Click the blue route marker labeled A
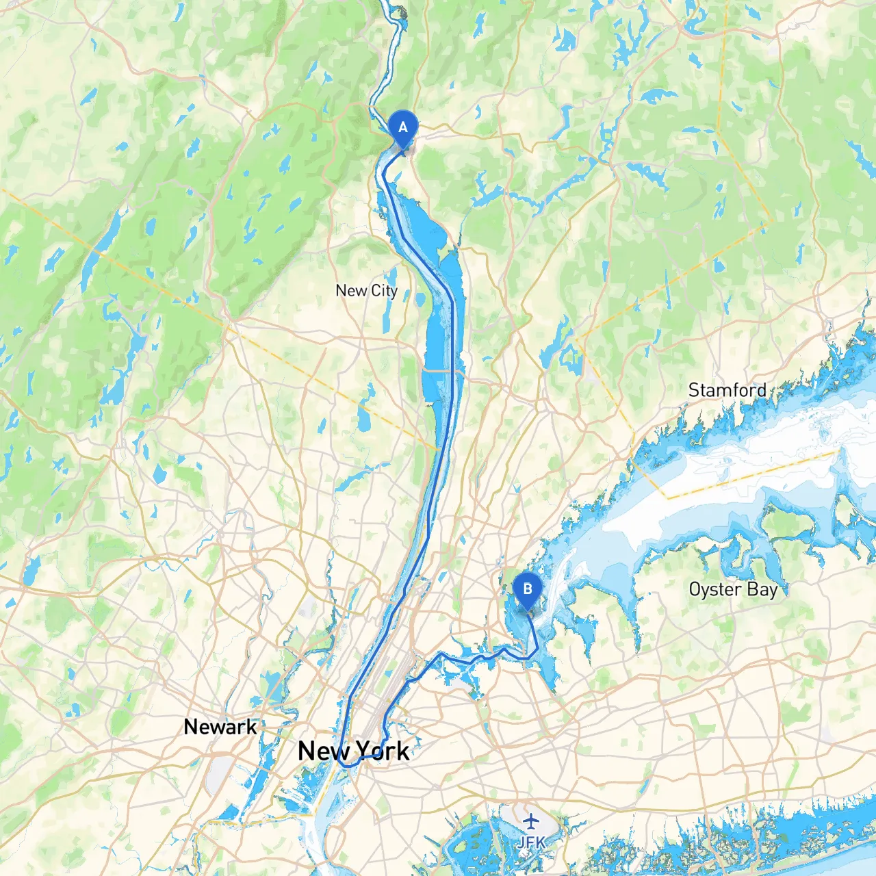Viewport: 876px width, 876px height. click(x=402, y=128)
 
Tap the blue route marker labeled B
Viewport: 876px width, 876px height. click(x=527, y=589)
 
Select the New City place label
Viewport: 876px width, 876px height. click(x=366, y=291)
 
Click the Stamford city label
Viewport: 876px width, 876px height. click(x=727, y=390)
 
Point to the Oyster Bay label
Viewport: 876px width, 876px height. click(x=733, y=589)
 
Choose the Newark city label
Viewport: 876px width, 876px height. click(x=220, y=727)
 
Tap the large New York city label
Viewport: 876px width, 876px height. click(x=353, y=751)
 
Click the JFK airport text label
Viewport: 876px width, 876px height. click(x=531, y=842)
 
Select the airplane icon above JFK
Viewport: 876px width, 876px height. click(x=531, y=821)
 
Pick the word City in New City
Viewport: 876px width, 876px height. click(x=384, y=292)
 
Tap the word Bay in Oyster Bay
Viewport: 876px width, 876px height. click(x=763, y=590)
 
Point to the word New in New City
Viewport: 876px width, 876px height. click(x=351, y=291)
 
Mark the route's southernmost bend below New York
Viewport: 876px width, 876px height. click(x=348, y=766)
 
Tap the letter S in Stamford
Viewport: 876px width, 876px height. click(x=694, y=390)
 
